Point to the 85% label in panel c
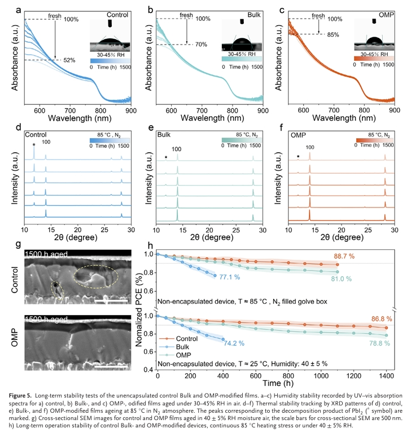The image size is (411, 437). point(334,34)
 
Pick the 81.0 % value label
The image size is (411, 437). point(341,279)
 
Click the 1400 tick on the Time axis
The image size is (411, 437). point(387,376)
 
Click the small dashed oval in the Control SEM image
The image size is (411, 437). point(56,288)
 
